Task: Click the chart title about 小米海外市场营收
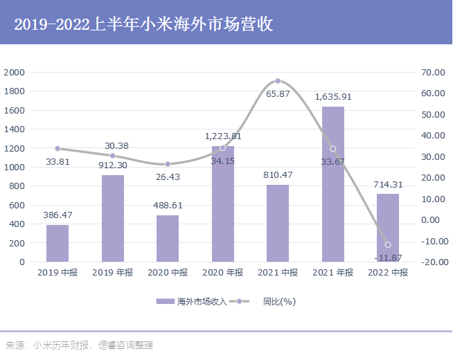143,25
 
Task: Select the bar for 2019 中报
57,244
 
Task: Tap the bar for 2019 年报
113,219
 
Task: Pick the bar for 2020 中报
168,239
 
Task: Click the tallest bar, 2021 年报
333,184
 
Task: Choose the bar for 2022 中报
388,228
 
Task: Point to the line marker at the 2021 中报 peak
278,81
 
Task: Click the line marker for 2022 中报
388,245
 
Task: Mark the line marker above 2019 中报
57,148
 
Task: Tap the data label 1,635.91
333,97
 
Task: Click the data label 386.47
57,215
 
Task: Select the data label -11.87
388,258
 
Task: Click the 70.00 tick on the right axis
432,73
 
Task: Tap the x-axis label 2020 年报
222,273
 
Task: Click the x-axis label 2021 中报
278,273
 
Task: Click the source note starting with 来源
79,345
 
